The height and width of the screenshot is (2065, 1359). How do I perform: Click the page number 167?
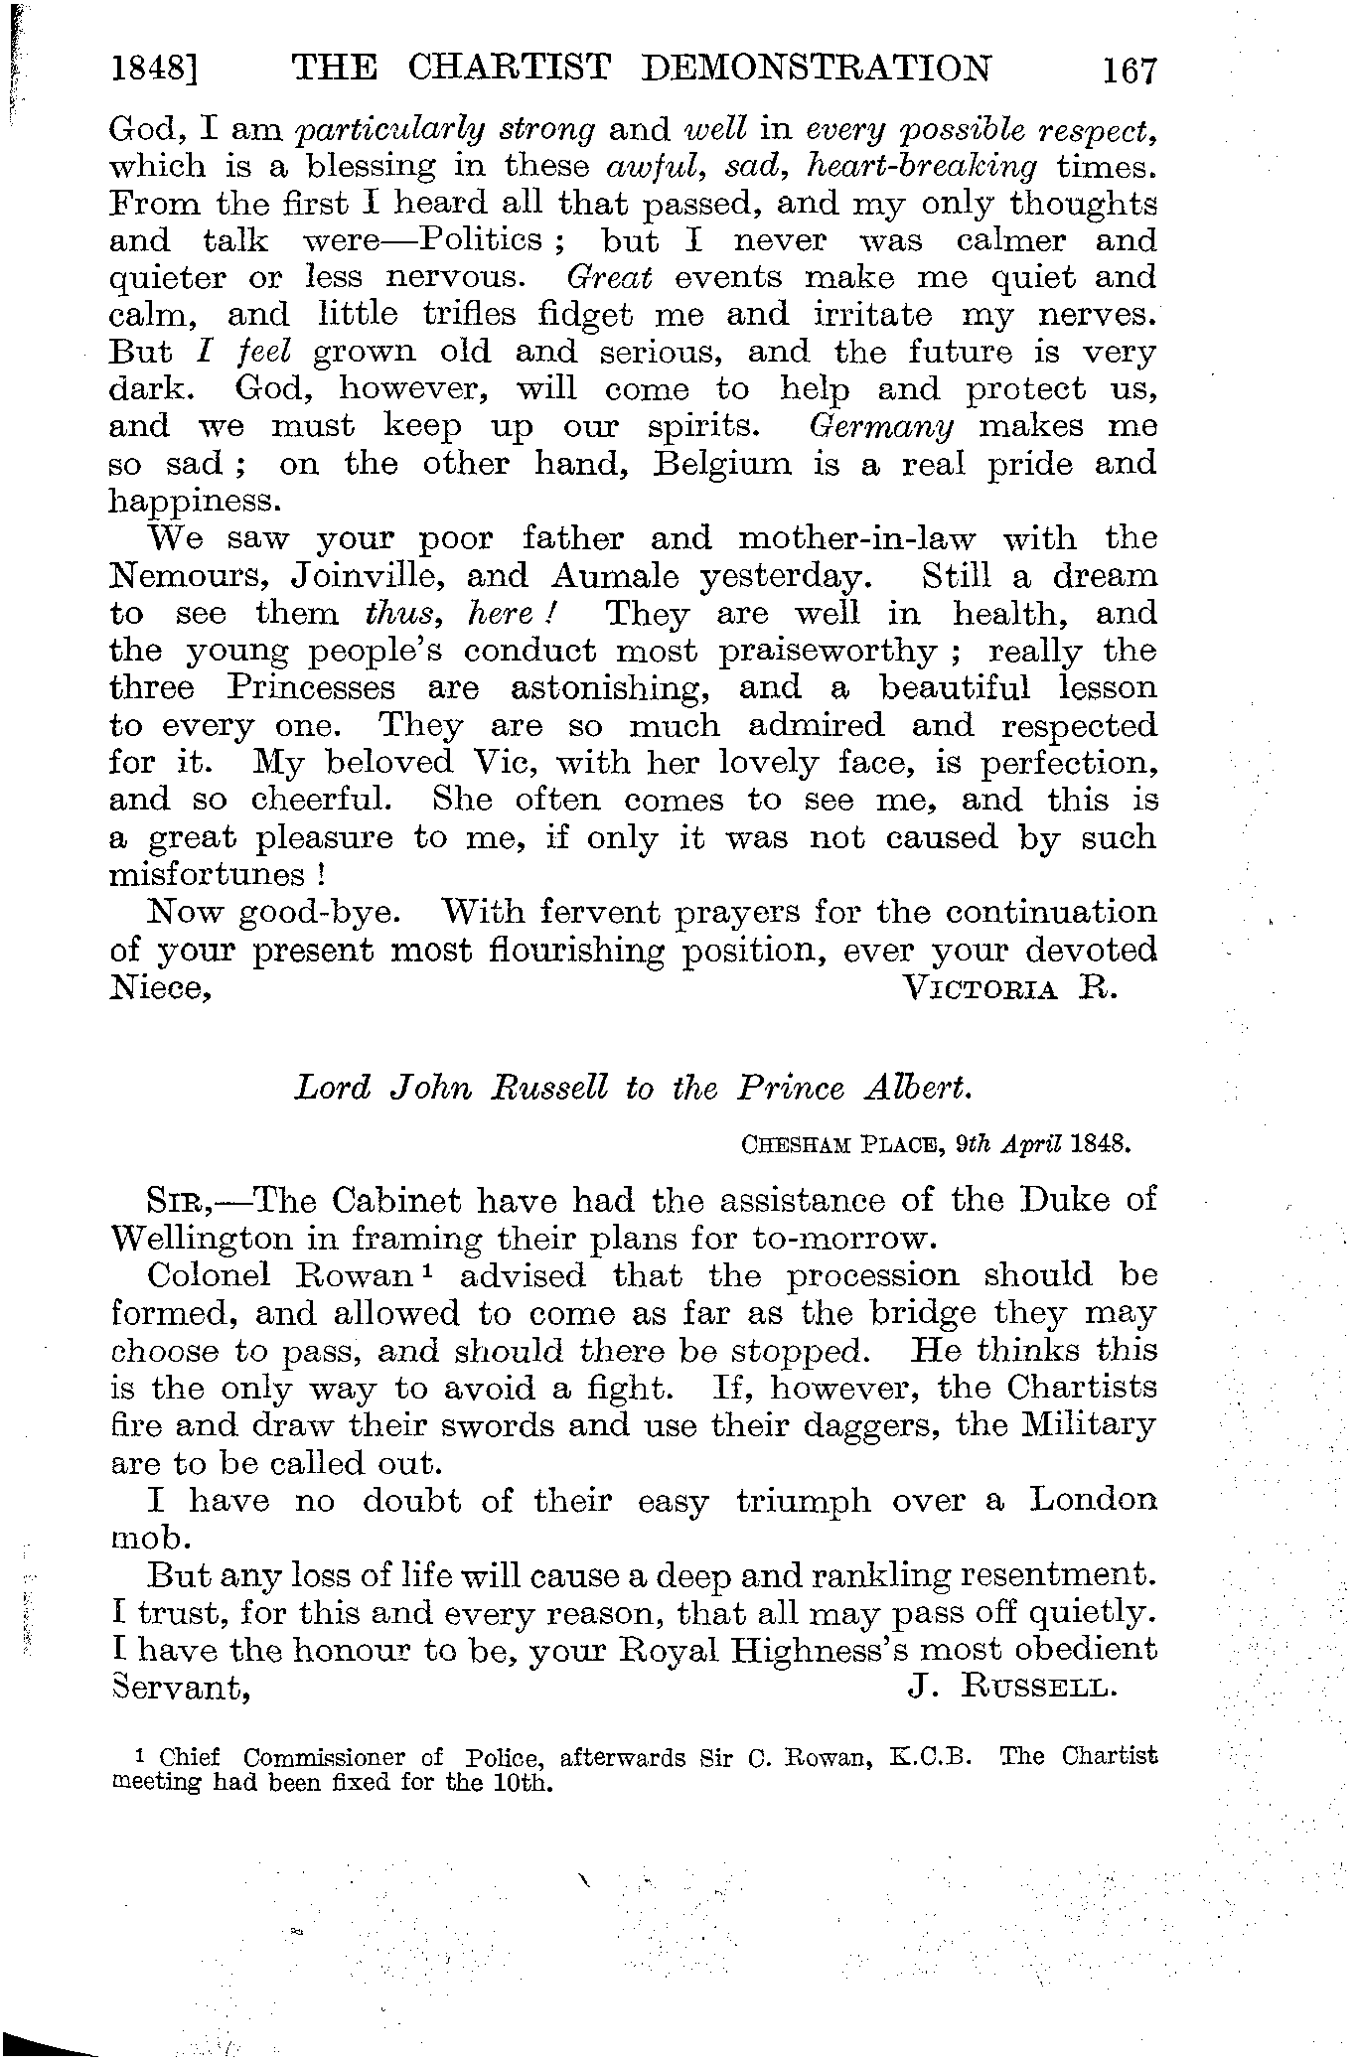tap(1129, 73)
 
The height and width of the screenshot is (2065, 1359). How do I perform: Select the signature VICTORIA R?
tap(1010, 988)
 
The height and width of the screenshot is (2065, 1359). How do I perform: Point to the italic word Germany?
tap(882, 427)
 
